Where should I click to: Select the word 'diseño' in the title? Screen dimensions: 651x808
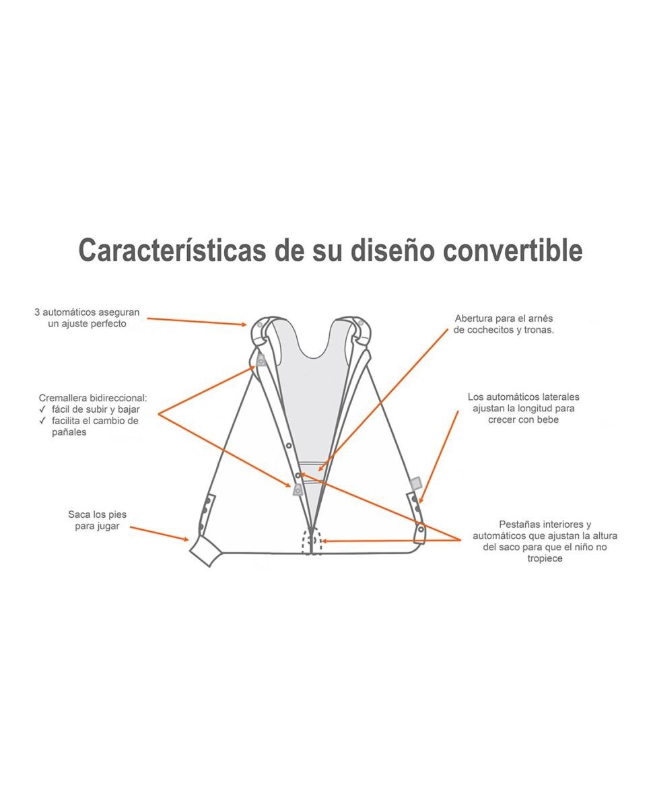click(392, 250)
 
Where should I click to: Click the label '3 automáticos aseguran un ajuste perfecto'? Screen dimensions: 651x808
click(87, 318)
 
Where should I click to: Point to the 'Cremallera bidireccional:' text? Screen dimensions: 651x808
click(93, 398)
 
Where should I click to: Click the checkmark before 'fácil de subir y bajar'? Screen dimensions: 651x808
click(42, 409)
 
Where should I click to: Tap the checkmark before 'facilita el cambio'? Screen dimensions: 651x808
click(42, 420)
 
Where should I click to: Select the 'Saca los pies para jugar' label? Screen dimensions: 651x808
click(97, 520)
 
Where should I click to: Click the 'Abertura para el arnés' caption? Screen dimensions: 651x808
click(504, 318)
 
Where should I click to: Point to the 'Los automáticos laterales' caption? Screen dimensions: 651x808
click(523, 397)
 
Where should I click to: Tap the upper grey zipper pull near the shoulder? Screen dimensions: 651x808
click(261, 360)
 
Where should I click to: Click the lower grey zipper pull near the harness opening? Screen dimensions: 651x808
click(298, 490)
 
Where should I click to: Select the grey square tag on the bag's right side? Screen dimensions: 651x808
click(416, 483)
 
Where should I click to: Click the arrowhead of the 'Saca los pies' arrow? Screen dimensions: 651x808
click(186, 539)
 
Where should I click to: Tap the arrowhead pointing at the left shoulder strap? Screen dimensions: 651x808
click(244, 325)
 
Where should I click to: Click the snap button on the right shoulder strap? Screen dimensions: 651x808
click(361, 323)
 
